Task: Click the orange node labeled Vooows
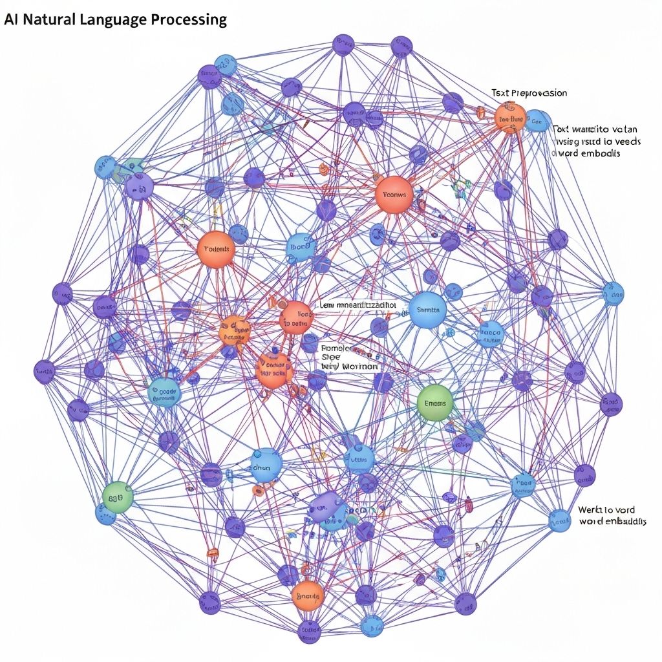pos(393,194)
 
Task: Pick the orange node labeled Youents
pos(216,249)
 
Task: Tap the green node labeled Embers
pos(435,403)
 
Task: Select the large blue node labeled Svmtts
pos(428,310)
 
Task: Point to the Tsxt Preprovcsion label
pos(529,93)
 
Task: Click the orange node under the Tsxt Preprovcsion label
pos(510,119)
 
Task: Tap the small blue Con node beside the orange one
pos(536,120)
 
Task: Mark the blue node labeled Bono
pos(299,247)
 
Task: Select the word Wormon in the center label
pos(358,366)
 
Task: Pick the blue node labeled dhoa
pos(266,465)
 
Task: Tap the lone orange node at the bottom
pos(308,595)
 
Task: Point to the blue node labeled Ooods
pos(164,392)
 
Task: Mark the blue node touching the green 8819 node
pos(105,513)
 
